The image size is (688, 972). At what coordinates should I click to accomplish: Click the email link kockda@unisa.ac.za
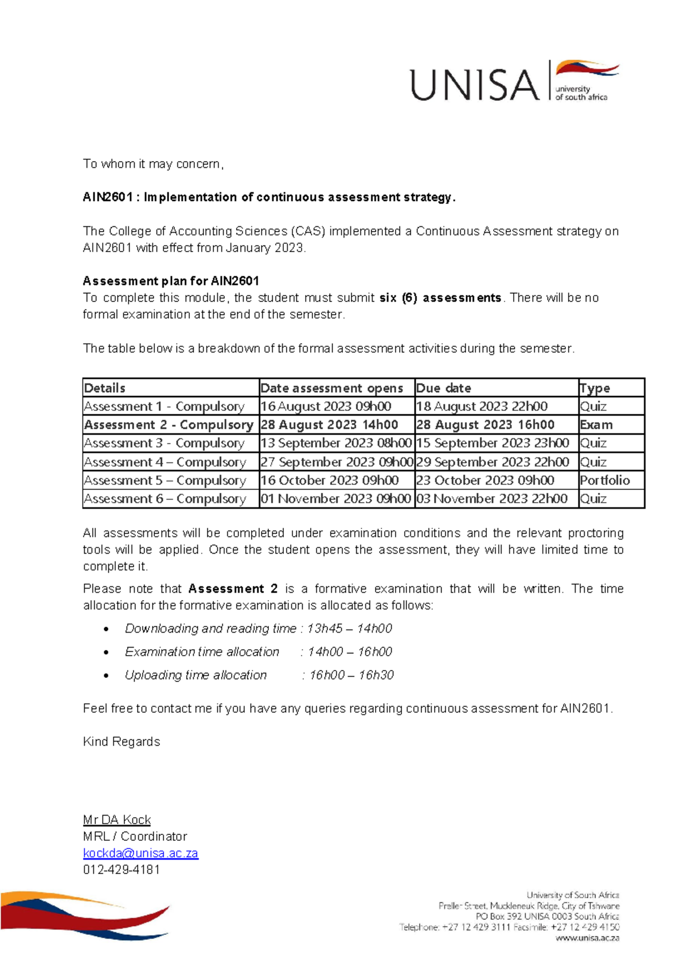140,853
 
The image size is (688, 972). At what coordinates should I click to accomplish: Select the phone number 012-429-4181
122,869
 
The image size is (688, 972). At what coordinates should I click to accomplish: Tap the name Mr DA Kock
117,820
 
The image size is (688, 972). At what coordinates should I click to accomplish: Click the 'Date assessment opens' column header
332,388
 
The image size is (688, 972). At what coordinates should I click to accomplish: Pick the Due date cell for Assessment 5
485,480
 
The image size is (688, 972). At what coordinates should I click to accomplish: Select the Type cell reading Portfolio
604,480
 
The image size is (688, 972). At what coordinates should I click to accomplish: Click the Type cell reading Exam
596,425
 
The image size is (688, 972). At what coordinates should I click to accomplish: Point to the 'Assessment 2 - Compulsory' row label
169,425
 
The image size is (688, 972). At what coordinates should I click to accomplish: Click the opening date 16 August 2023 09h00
326,406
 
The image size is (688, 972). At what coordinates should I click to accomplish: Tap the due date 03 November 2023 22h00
492,499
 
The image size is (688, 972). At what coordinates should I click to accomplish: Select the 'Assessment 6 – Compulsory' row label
165,499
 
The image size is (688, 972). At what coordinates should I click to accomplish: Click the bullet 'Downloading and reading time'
210,628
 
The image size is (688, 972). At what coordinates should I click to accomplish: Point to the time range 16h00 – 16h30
351,675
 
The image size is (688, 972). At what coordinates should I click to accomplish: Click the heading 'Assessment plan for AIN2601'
171,281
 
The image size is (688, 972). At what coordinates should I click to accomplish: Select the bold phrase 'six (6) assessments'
440,297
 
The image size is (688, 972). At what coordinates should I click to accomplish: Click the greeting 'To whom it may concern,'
153,164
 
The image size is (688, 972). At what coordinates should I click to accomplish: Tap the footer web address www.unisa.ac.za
587,938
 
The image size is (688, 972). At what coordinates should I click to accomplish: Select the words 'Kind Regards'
122,742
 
